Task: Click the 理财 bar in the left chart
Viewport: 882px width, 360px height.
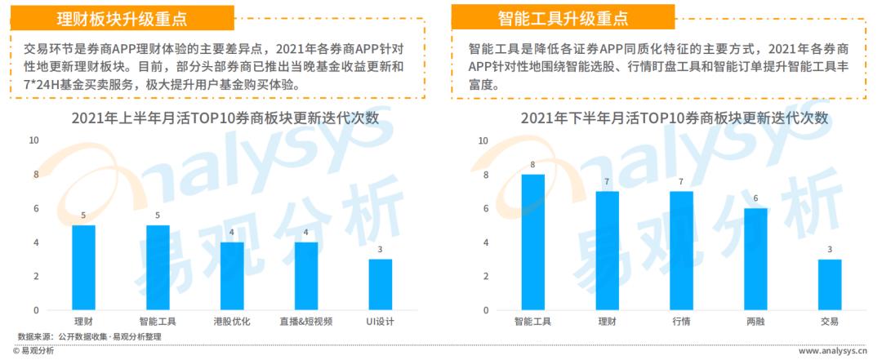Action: click(83, 268)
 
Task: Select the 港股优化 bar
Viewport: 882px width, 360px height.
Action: click(232, 276)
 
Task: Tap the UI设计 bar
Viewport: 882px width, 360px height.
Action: click(380, 285)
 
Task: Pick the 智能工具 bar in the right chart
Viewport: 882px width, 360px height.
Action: click(532, 242)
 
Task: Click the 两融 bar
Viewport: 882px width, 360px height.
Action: click(755, 260)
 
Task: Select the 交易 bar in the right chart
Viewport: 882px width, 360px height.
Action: click(830, 285)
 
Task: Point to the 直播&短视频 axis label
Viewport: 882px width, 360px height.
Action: click(306, 322)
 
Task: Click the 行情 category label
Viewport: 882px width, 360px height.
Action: click(681, 322)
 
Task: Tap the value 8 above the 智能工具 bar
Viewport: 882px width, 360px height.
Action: click(532, 165)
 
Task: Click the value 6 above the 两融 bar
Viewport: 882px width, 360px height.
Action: click(755, 198)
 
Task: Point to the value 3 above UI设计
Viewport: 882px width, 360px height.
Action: click(380, 250)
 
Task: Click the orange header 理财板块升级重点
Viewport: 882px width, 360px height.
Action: click(122, 19)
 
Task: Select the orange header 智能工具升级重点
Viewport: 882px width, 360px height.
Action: click(563, 19)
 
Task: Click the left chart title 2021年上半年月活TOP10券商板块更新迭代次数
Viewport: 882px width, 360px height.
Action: click(225, 118)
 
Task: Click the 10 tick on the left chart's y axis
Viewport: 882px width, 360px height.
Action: click(33, 140)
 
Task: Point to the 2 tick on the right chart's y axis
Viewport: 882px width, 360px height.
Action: click(485, 276)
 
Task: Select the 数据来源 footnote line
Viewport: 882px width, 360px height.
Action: click(90, 336)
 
